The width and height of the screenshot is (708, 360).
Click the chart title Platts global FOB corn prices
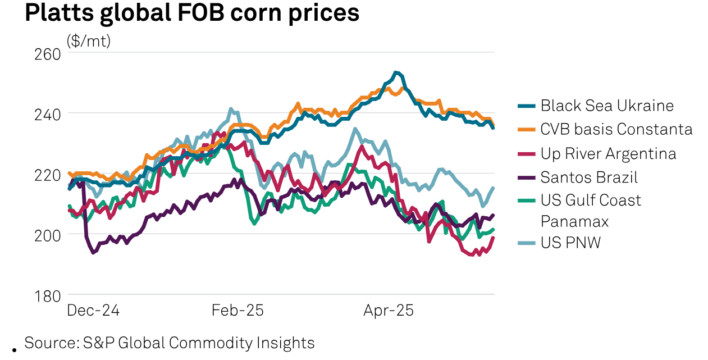[192, 13]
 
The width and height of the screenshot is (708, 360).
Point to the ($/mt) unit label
[89, 41]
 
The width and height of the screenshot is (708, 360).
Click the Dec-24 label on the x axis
[93, 310]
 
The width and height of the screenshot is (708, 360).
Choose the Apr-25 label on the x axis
[389, 310]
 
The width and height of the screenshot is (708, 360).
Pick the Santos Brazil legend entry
[589, 177]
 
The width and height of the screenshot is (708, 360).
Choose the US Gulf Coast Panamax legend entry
[591, 210]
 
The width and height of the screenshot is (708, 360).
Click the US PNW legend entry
[570, 243]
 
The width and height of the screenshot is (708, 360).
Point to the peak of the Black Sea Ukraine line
[396, 72]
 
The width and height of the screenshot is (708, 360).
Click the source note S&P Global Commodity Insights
[169, 343]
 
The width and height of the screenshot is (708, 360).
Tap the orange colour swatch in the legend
[526, 130]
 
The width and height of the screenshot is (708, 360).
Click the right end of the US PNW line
[494, 188]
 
